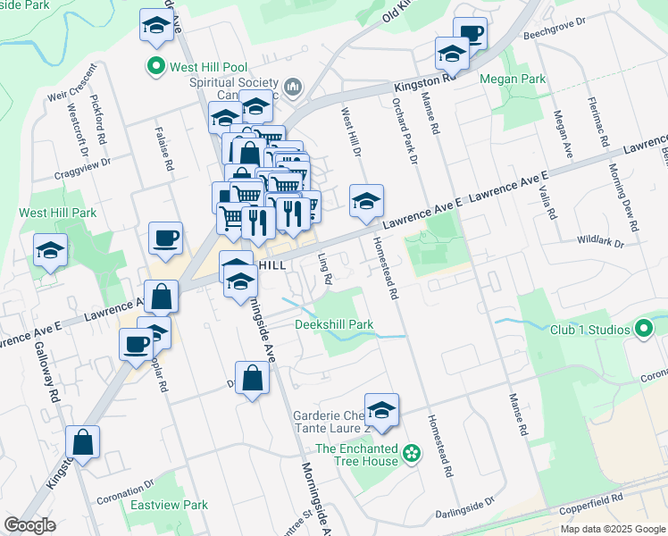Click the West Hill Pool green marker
click(x=156, y=66)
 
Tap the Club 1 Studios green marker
click(x=644, y=330)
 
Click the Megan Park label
click(x=513, y=80)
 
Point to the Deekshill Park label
click(x=334, y=324)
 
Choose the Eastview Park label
click(x=169, y=505)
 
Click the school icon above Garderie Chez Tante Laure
click(x=381, y=410)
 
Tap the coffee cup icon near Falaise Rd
click(x=165, y=239)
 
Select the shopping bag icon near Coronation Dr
click(x=82, y=442)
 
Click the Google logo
click(x=30, y=525)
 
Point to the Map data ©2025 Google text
click(x=612, y=529)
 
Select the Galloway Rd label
click(x=54, y=378)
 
